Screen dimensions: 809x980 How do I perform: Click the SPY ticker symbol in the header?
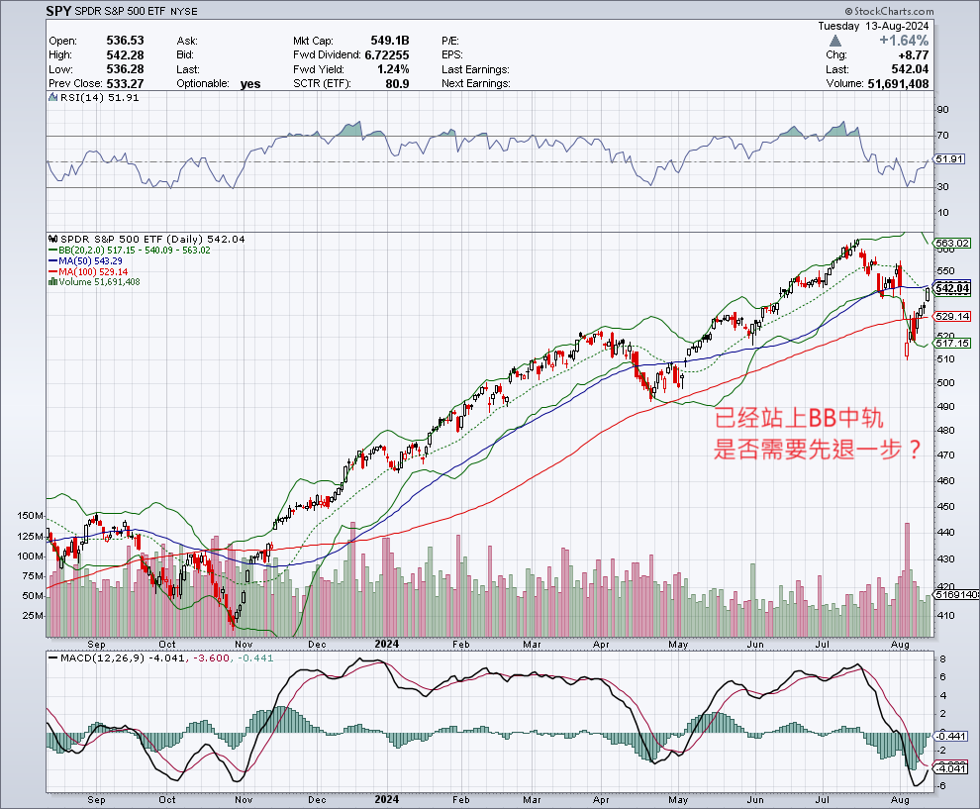click(58, 12)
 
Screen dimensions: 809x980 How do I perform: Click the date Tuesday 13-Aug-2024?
click(873, 25)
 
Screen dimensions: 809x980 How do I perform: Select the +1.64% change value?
click(902, 41)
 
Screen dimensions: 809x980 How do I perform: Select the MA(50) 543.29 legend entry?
click(92, 260)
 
